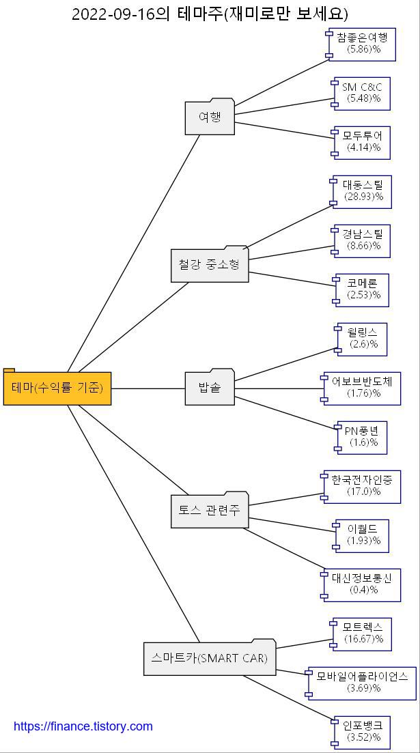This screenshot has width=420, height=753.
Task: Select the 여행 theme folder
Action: pos(210,117)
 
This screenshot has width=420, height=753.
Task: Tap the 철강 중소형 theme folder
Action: pos(210,265)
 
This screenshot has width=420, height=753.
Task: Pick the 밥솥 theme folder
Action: pos(210,388)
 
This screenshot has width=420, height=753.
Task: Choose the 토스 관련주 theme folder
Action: pos(210,510)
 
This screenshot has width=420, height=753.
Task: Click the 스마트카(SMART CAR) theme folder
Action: pos(210,658)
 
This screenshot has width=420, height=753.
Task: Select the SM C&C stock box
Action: pos(362,94)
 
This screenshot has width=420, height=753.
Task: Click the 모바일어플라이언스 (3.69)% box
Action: pos(363,683)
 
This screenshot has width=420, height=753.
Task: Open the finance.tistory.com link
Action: pos(83,726)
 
